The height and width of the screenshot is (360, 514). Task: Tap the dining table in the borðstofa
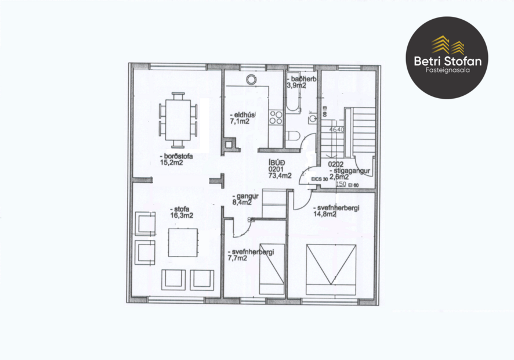pyautogui.click(x=178, y=121)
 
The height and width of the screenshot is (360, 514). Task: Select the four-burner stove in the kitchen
pyautogui.click(x=276, y=118)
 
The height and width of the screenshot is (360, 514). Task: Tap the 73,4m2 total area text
pyautogui.click(x=280, y=176)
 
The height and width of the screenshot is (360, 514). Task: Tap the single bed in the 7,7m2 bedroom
pyautogui.click(x=272, y=267)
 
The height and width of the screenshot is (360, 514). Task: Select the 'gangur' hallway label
pyautogui.click(x=243, y=196)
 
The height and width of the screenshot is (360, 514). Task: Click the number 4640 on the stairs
pyautogui.click(x=337, y=129)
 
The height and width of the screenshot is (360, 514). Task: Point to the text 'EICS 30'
pyautogui.click(x=319, y=179)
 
